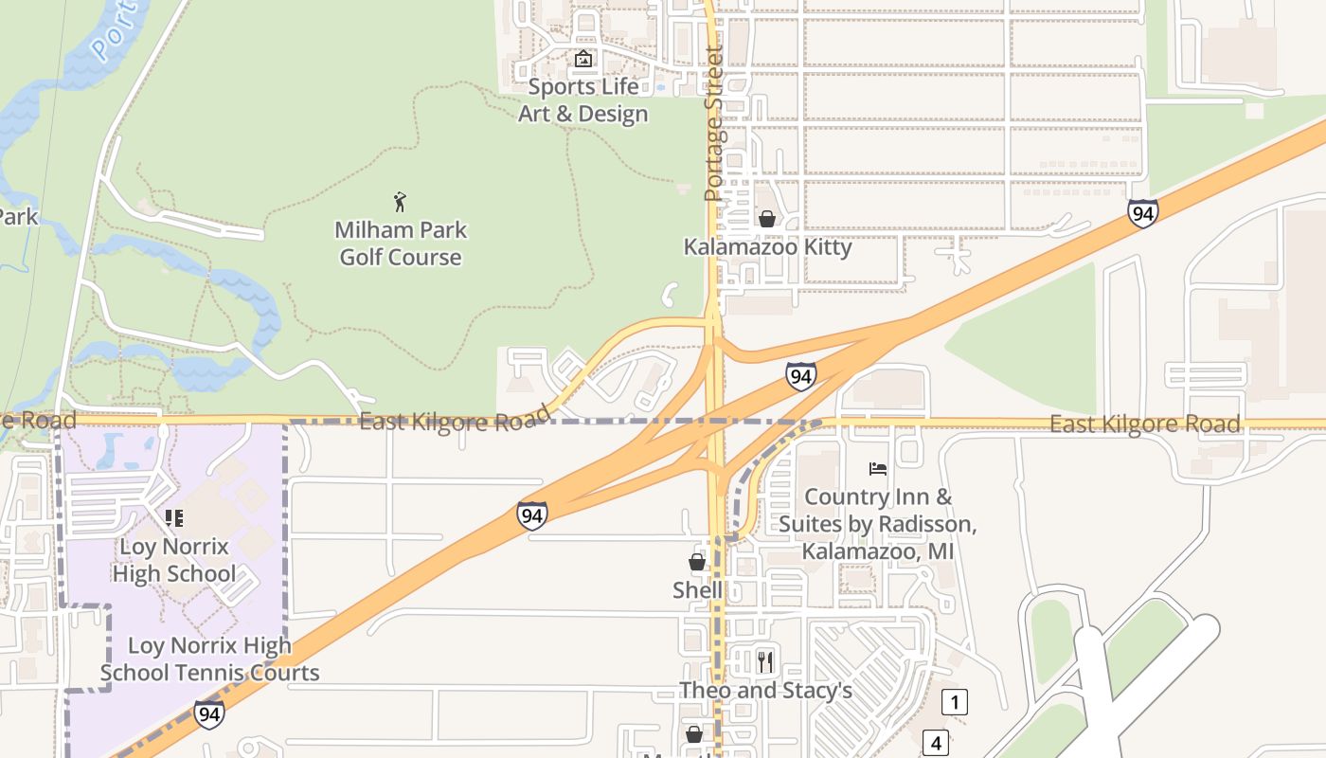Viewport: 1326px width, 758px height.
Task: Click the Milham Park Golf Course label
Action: [401, 244]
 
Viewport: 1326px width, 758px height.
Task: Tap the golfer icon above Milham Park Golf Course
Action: [400, 202]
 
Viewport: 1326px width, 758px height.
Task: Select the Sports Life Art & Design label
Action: [582, 100]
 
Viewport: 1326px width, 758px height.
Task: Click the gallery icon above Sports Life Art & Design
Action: [582, 60]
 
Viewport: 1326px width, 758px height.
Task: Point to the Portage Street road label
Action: [713, 123]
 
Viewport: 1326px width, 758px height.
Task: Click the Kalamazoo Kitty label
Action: [767, 247]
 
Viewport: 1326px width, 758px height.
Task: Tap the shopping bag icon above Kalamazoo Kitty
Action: [766, 219]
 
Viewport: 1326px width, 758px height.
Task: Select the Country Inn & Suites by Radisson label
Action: [877, 524]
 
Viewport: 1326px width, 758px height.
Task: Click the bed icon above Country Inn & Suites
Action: [878, 469]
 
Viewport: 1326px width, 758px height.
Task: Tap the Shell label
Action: [697, 590]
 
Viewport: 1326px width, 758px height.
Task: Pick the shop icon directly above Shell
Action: [697, 562]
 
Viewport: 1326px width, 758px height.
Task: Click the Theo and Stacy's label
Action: [765, 691]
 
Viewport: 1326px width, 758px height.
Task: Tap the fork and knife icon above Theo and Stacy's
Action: [765, 661]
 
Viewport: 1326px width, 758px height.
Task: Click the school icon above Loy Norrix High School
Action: [173, 518]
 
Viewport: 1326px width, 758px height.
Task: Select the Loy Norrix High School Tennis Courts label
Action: [209, 659]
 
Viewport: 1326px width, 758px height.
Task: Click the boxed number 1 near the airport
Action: [955, 702]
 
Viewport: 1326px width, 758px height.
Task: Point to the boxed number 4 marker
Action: [936, 743]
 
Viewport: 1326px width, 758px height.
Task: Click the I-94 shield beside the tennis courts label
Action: [209, 713]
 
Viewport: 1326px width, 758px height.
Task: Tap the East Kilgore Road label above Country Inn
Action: [1144, 424]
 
